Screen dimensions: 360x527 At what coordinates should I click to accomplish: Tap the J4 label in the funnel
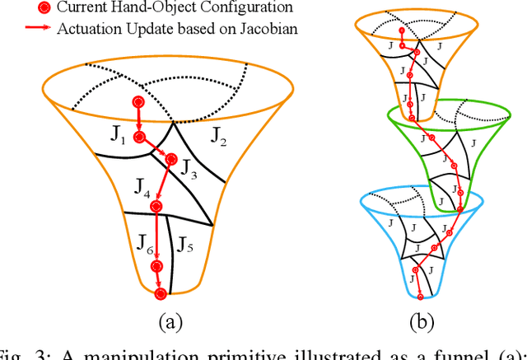coord(142,196)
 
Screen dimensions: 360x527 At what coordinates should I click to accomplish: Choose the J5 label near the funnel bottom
coord(184,244)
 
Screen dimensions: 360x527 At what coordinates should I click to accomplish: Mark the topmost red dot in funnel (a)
coord(138,102)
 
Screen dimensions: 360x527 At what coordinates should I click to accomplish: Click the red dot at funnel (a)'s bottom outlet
coord(161,293)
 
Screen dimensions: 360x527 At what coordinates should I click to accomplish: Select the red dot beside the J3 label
coord(172,159)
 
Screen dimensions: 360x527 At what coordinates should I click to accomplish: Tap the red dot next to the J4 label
coord(157,207)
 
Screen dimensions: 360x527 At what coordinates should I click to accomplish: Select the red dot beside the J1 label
coord(139,137)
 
